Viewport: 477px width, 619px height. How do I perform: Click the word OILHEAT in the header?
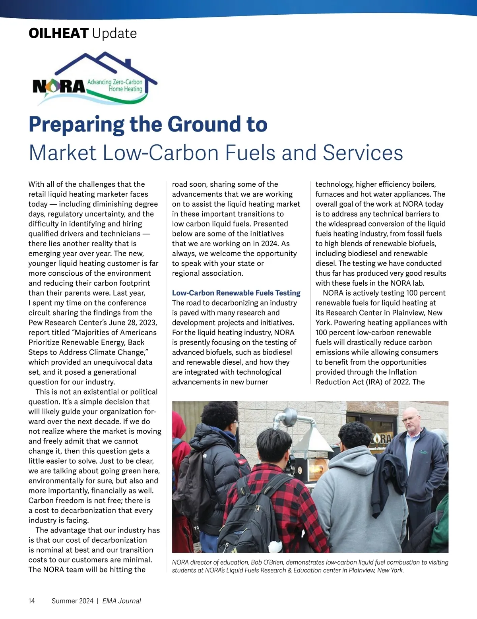pos(58,33)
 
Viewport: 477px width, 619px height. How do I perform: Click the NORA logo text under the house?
pos(59,86)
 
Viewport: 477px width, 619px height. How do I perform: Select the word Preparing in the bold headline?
pos(76,124)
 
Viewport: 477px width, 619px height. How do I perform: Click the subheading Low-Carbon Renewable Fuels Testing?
pos(236,293)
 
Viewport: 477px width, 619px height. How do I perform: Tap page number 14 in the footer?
pos(32,601)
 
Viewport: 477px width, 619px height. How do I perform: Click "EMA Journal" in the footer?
pos(122,601)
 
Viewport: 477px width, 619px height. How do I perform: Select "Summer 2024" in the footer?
pos(72,601)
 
